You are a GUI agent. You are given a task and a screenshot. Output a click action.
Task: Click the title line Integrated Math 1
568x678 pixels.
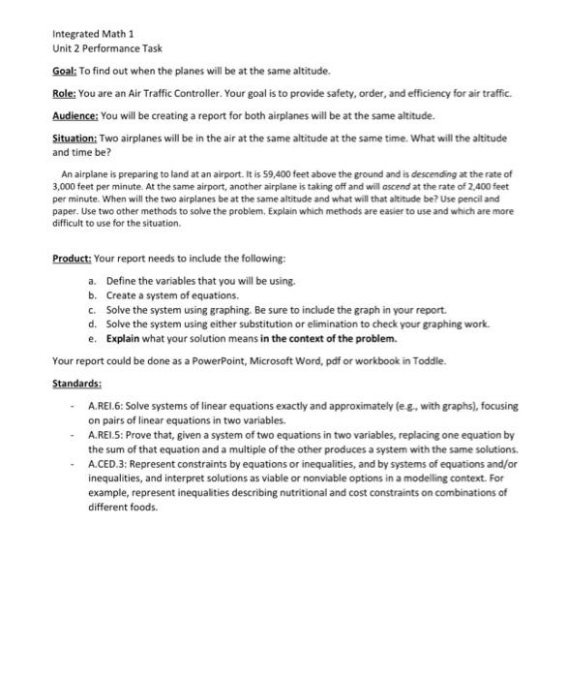[92, 33]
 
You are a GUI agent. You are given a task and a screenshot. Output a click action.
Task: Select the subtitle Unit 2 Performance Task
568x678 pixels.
[106, 48]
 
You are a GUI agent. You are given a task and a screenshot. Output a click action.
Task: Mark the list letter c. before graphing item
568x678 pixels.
[91, 309]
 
